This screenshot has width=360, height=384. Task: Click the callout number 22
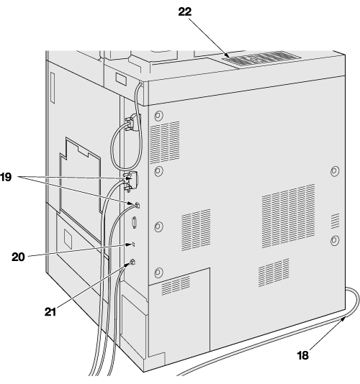(184, 12)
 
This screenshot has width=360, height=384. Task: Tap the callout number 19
(5, 177)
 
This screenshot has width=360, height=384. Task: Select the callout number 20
(18, 257)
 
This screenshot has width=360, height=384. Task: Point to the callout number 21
(50, 312)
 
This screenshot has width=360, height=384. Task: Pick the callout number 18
(302, 355)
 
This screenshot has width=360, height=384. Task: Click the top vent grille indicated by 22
(261, 58)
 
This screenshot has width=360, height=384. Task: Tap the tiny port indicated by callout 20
(134, 244)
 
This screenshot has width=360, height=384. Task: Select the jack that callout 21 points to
(132, 262)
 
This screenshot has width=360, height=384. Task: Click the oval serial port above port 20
(134, 223)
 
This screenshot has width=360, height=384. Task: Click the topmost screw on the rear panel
(158, 115)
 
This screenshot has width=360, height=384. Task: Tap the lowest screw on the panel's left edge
(158, 272)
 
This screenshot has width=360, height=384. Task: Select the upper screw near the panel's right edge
(335, 171)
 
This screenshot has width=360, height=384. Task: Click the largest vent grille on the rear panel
(289, 216)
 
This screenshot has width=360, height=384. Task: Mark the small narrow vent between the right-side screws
(336, 221)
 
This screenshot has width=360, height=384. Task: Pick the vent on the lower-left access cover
(176, 285)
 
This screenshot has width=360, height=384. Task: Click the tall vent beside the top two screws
(165, 142)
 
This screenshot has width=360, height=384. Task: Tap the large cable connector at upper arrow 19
(132, 181)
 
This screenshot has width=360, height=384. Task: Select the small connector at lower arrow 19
(137, 205)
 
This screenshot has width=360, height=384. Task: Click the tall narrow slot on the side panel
(53, 88)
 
